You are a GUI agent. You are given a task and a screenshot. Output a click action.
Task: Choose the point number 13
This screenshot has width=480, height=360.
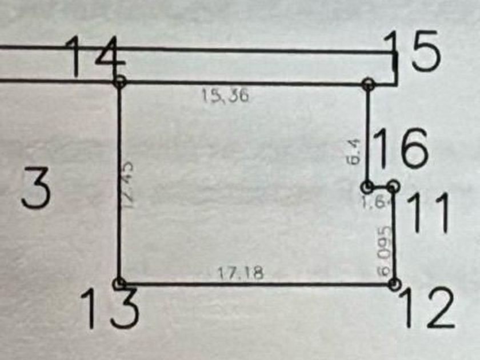(109, 308)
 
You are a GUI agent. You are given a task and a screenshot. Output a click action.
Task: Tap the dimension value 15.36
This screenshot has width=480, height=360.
(225, 97)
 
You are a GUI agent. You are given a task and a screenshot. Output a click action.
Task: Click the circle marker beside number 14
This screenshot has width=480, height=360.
(119, 82)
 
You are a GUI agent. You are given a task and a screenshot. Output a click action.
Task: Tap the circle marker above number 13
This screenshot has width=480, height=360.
(119, 283)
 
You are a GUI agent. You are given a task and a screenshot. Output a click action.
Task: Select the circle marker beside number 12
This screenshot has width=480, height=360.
(394, 283)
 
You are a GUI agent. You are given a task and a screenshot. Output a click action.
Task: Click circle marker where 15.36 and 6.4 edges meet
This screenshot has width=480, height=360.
(369, 85)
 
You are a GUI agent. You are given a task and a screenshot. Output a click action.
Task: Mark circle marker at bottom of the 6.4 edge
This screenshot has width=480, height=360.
(368, 187)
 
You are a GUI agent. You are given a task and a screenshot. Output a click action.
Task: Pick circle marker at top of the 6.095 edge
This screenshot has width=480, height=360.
(393, 186)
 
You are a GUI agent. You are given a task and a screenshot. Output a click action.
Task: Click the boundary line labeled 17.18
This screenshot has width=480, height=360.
(257, 283)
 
